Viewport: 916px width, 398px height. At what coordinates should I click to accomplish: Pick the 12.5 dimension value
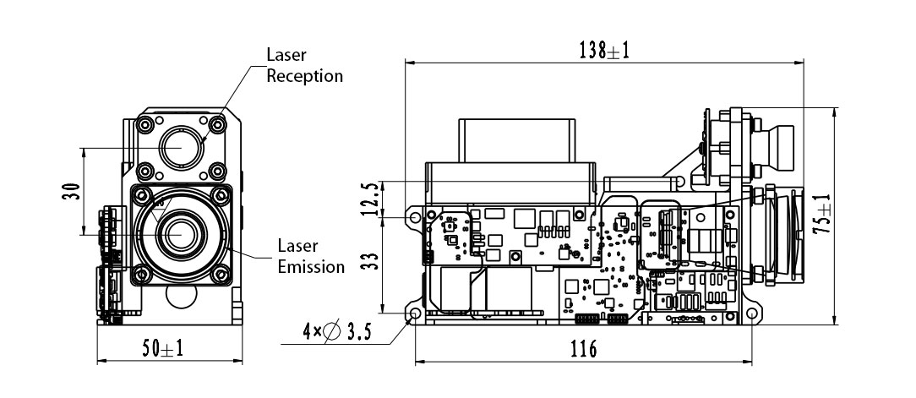369,200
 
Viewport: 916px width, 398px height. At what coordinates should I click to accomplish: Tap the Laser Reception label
304,66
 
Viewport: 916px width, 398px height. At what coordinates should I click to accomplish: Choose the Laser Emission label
311,256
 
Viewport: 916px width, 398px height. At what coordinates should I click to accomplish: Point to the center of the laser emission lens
179,233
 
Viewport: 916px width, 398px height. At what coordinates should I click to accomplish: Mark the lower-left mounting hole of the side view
415,315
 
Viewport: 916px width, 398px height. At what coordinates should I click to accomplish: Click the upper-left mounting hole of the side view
414,217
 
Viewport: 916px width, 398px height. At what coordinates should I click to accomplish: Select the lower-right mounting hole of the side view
750,315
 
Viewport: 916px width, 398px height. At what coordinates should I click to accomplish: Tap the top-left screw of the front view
144,123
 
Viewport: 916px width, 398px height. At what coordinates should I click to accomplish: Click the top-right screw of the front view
217,123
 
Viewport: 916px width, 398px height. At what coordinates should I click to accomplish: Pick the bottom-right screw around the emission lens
221,272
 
